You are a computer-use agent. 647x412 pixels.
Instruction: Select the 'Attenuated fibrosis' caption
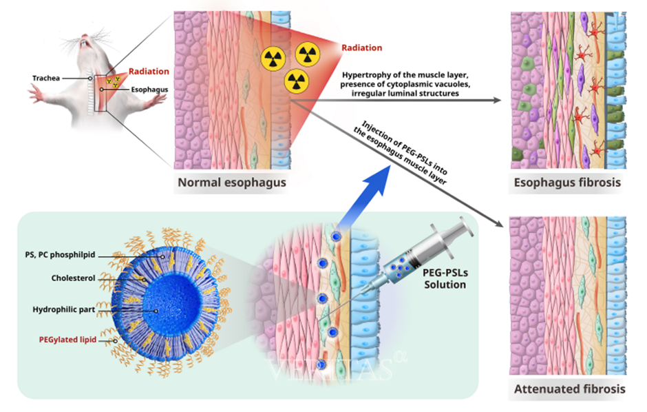pyautogui.click(x=569, y=389)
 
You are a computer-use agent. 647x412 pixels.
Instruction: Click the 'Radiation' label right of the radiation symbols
pyautogui.click(x=362, y=48)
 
